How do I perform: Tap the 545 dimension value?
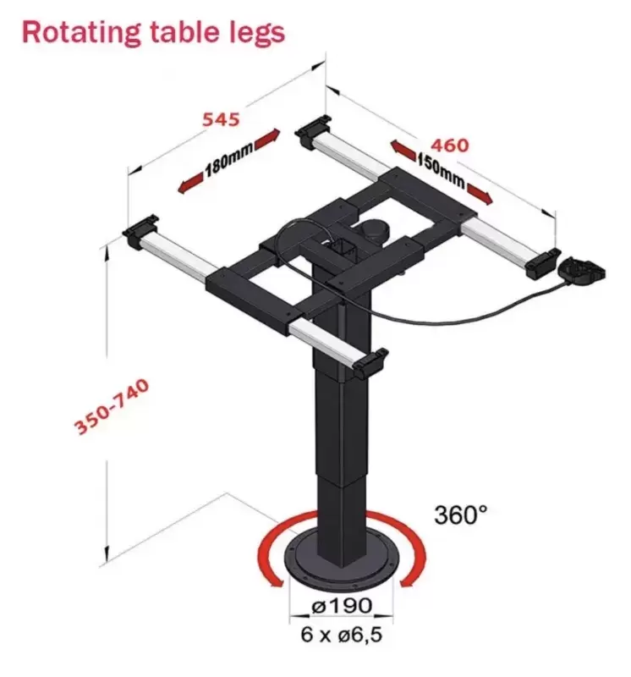pos(221,119)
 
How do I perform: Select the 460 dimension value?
pos(449,145)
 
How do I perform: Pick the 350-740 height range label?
pos(112,406)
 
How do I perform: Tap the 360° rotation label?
pos(460,515)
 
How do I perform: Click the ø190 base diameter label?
pos(342,606)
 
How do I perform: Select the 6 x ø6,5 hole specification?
pos(342,634)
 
